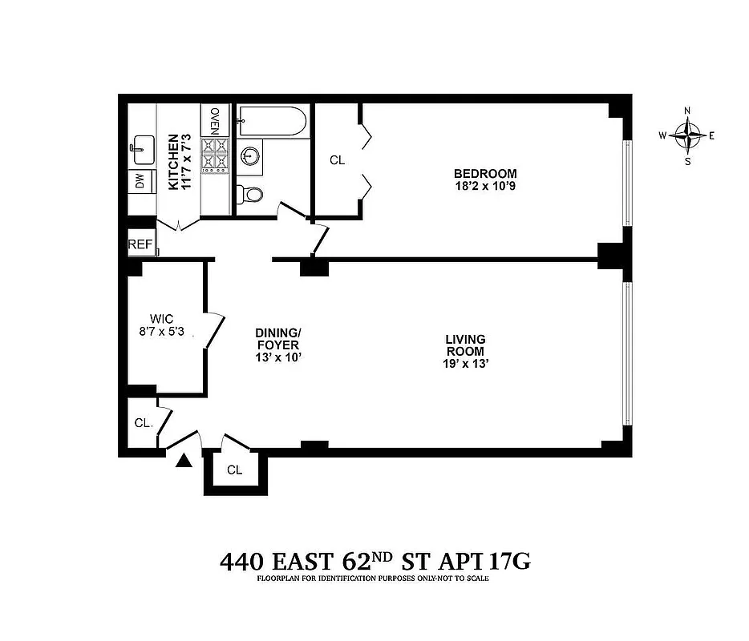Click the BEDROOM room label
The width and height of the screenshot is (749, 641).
pos(485,173)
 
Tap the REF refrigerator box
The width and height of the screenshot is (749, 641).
pos(140,244)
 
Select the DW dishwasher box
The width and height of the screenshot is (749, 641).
pos(140,182)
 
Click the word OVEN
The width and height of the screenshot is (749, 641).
pos(214,121)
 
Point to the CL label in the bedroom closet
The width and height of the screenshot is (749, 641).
pos(337,160)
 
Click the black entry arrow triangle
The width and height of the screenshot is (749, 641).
pos(184,459)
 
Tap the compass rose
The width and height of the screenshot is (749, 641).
pos(687,135)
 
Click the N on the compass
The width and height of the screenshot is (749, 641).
pos(687,111)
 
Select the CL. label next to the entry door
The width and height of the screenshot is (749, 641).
pos(144,422)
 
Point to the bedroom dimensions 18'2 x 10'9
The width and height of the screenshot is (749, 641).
pos(485,188)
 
